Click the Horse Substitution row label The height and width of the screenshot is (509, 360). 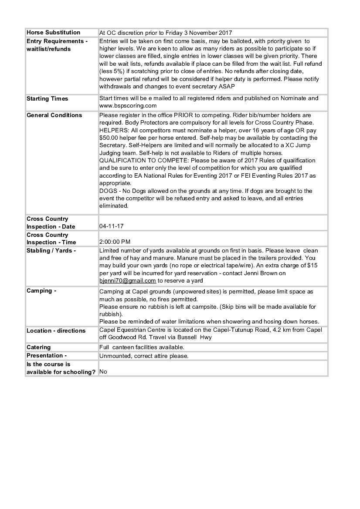[x=54, y=33]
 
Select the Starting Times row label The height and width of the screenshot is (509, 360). [x=48, y=99]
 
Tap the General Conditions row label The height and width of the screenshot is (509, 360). [x=54, y=115]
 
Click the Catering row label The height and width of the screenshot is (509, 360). [x=39, y=347]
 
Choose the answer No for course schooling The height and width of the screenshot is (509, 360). [x=103, y=372]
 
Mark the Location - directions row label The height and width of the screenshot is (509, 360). [x=56, y=331]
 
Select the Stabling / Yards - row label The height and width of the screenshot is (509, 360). [x=51, y=251]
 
